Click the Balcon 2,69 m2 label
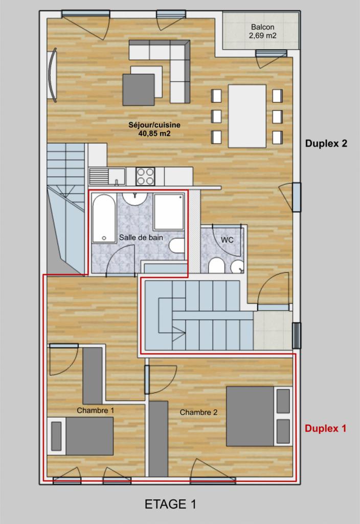(x=262, y=31)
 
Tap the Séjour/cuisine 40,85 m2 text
(x=154, y=129)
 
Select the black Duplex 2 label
(x=326, y=143)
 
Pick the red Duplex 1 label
(x=325, y=428)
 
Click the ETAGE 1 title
(x=170, y=504)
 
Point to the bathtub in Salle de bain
(x=104, y=218)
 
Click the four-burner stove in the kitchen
(x=145, y=176)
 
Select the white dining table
(x=247, y=116)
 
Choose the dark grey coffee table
(x=139, y=90)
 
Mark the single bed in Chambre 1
(x=80, y=436)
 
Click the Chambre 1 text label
(x=96, y=410)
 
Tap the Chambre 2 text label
(x=199, y=412)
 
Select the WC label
(x=227, y=240)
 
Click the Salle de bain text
(x=141, y=237)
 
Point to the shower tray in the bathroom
(x=169, y=212)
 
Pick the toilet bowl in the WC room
(x=216, y=266)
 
